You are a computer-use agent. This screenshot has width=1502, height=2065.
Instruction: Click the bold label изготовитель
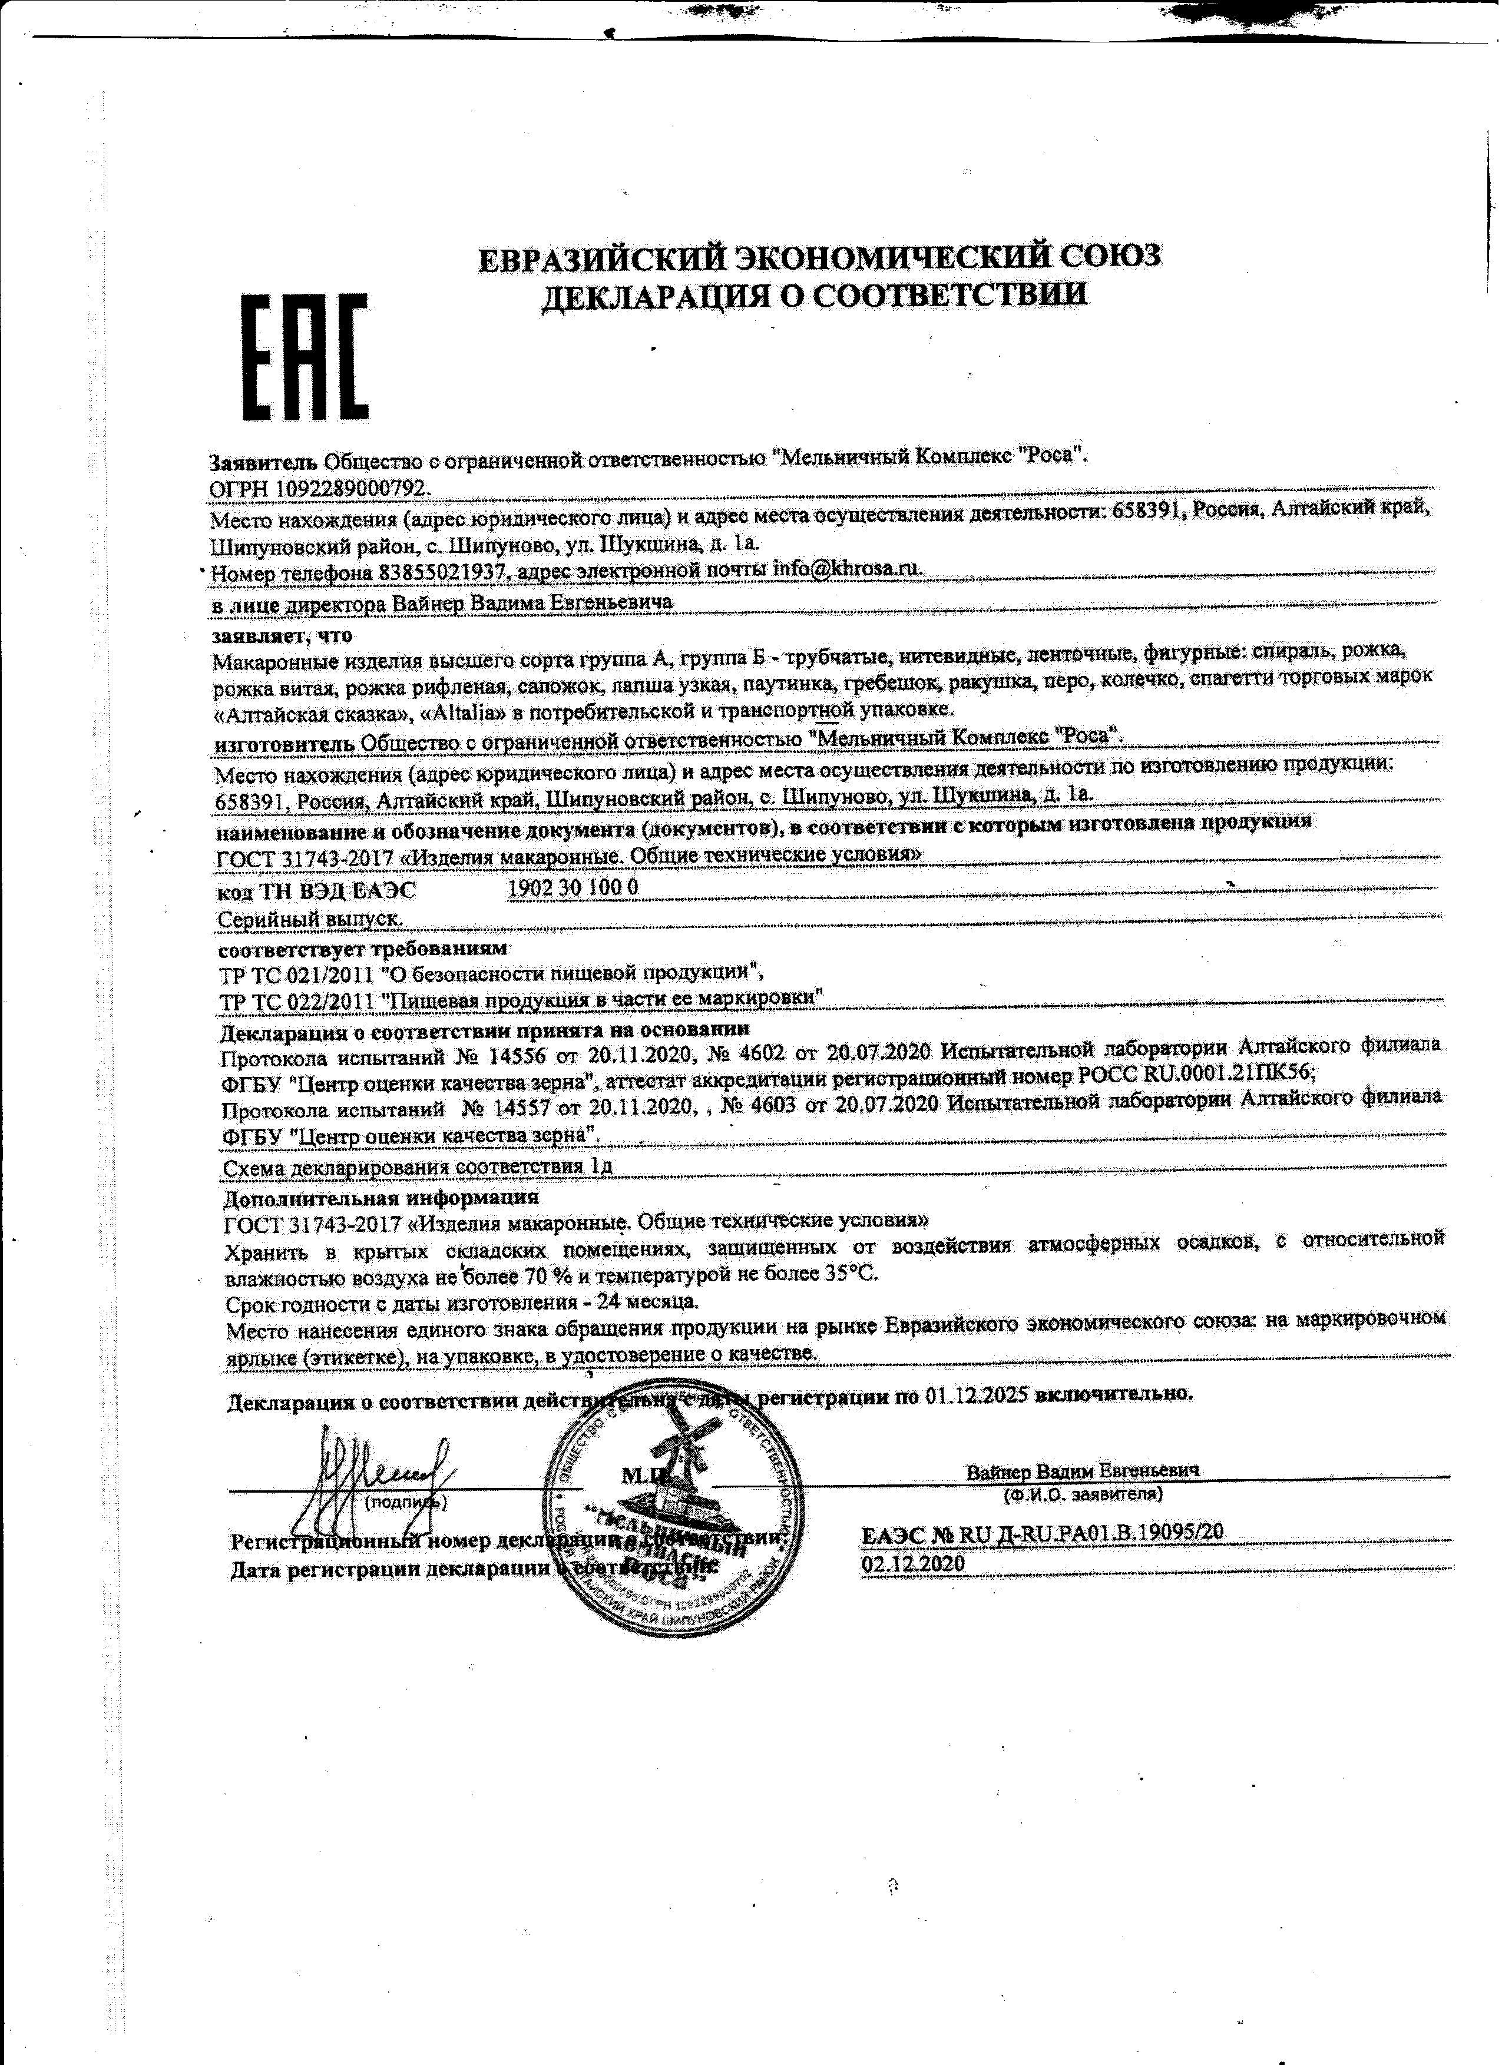pos(284,742)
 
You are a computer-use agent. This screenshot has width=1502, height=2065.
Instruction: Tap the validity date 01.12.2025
pos(977,1394)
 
